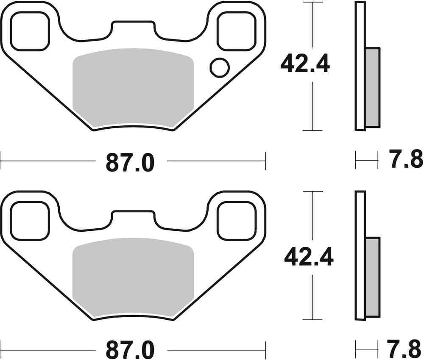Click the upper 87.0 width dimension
click(130, 162)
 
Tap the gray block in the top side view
click(372, 87)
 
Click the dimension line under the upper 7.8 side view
click(366, 161)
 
